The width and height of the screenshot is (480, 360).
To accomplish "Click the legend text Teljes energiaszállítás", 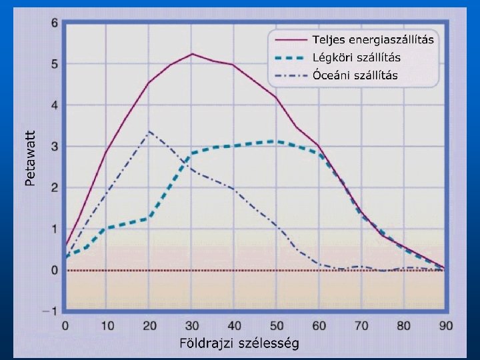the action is click(x=373, y=40).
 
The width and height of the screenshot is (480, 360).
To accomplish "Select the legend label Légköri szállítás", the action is click(x=356, y=57).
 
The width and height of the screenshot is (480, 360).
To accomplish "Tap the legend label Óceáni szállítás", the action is click(x=355, y=75).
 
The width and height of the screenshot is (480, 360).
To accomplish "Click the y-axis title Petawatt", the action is click(x=30, y=158).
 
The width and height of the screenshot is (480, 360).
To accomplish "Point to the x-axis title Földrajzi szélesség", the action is click(x=239, y=343).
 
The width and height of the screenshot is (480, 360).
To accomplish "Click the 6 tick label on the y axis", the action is click(x=55, y=23).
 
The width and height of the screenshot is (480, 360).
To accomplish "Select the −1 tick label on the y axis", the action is click(x=50, y=311).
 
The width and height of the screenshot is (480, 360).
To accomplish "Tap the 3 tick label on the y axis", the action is click(x=55, y=146).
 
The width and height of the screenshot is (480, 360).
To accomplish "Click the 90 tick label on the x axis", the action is click(x=446, y=326).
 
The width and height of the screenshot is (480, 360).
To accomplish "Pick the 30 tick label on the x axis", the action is click(x=192, y=326).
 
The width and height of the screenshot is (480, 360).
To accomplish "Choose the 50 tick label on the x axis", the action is click(x=277, y=326).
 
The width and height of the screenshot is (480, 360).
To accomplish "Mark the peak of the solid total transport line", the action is click(x=192, y=54).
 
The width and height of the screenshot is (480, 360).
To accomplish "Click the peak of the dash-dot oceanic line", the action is click(x=149, y=131).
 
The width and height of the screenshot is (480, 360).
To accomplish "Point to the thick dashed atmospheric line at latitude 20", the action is click(x=149, y=217).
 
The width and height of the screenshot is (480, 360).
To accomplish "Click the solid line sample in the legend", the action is click(x=291, y=40).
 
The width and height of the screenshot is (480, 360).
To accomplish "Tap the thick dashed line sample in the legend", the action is click(x=291, y=57).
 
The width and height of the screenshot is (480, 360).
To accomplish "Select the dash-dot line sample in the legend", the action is click(x=291, y=75).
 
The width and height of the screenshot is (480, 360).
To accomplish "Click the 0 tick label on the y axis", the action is click(x=55, y=270).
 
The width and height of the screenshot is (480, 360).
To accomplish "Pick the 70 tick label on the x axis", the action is click(x=361, y=326).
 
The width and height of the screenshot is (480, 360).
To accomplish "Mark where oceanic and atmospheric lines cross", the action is click(x=186, y=161).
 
